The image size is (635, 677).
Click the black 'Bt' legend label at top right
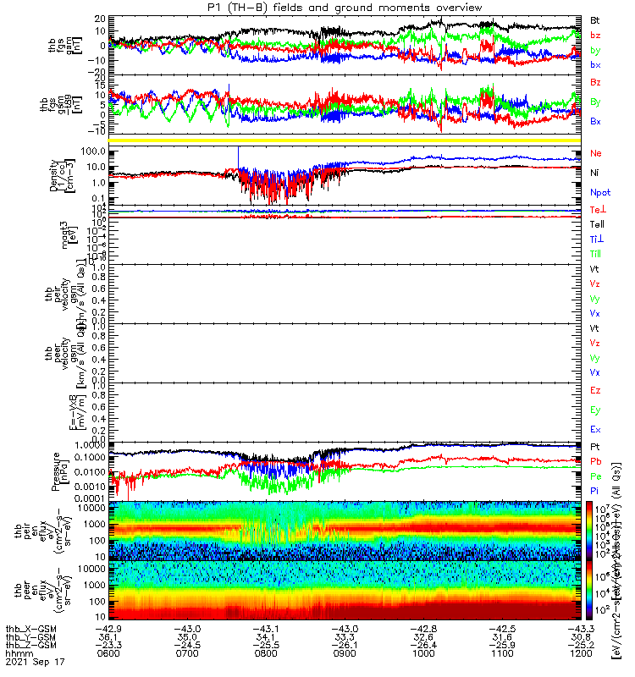click(x=596, y=19)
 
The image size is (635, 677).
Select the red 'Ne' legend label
click(x=596, y=154)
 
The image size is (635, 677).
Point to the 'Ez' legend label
click(x=596, y=391)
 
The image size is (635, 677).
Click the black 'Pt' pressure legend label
click(x=595, y=446)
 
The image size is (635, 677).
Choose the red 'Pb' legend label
click(x=596, y=461)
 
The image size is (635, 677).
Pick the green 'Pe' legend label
click(x=596, y=476)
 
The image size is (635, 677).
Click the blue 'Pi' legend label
click(x=595, y=492)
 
